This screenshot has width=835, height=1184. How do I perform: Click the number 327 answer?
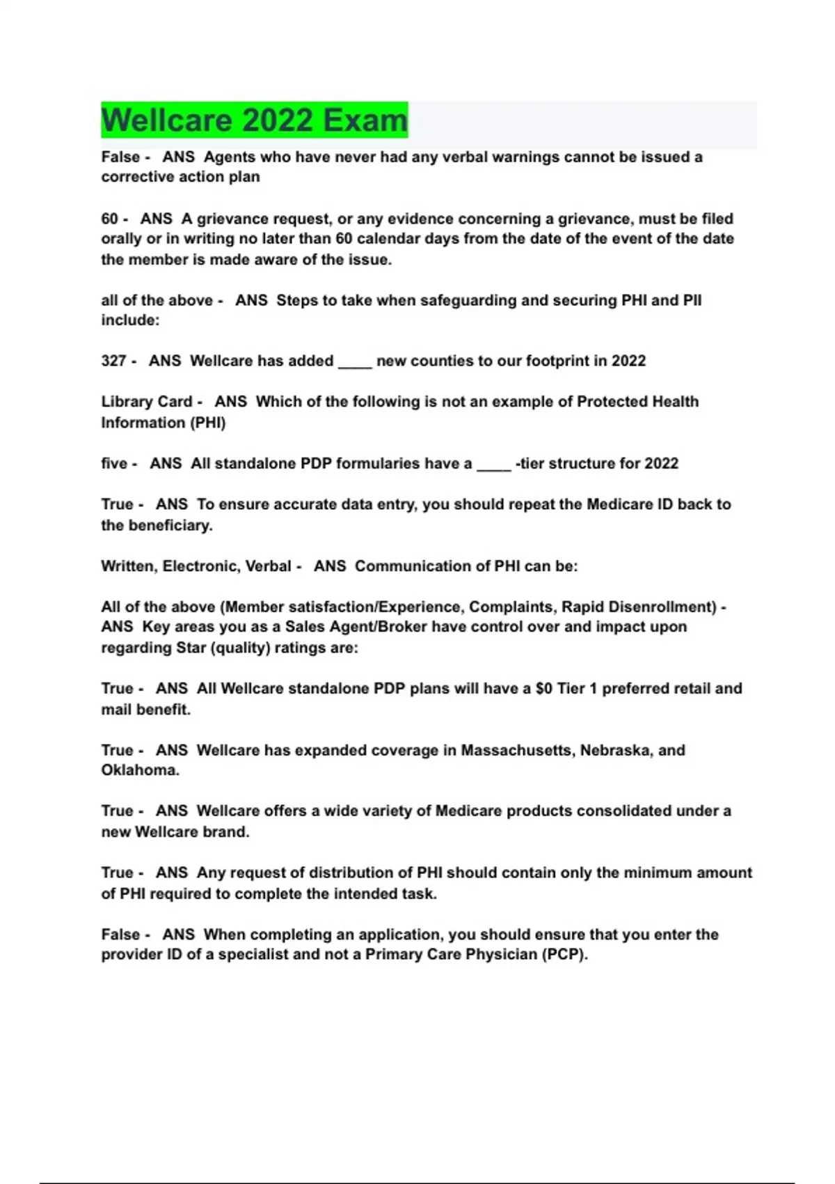click(x=113, y=361)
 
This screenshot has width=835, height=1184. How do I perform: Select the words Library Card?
click(x=146, y=402)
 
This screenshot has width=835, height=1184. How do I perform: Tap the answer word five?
click(x=115, y=463)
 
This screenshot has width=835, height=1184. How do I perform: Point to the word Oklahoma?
click(x=139, y=770)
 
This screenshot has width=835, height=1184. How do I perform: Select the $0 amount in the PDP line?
click(x=543, y=689)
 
